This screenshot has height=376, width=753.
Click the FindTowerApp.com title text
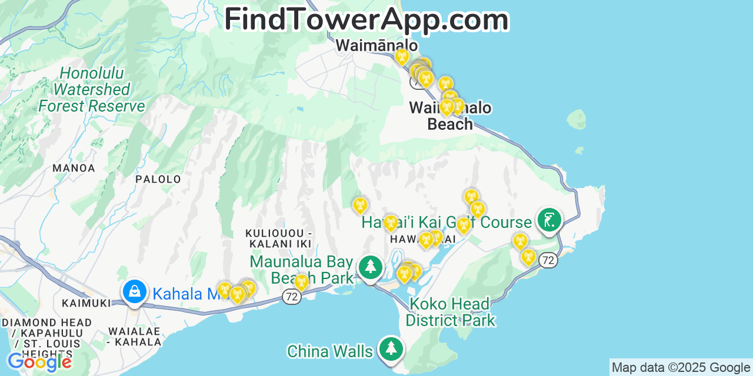click(366, 19)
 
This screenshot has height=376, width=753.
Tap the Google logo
click(39, 361)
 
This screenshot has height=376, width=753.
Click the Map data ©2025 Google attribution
click(681, 368)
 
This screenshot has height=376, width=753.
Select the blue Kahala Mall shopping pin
click(135, 291)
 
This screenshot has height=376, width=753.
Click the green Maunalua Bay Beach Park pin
click(371, 267)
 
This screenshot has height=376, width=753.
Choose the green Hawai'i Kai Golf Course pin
click(549, 220)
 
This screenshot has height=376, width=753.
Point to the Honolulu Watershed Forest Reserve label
click(91, 90)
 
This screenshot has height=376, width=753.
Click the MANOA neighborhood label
click(74, 168)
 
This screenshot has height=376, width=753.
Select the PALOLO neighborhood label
click(158, 179)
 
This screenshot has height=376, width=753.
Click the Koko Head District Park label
click(450, 312)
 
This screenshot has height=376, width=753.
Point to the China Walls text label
click(329, 351)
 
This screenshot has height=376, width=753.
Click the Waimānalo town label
click(376, 45)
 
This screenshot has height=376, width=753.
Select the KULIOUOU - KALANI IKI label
click(279, 239)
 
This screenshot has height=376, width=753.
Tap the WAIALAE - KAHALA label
click(135, 336)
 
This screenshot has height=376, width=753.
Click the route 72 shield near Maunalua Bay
click(291, 297)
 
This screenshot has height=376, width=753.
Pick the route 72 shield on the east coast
click(548, 260)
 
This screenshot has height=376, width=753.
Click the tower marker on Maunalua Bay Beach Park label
click(301, 282)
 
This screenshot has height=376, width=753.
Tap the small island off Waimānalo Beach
click(577, 119)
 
